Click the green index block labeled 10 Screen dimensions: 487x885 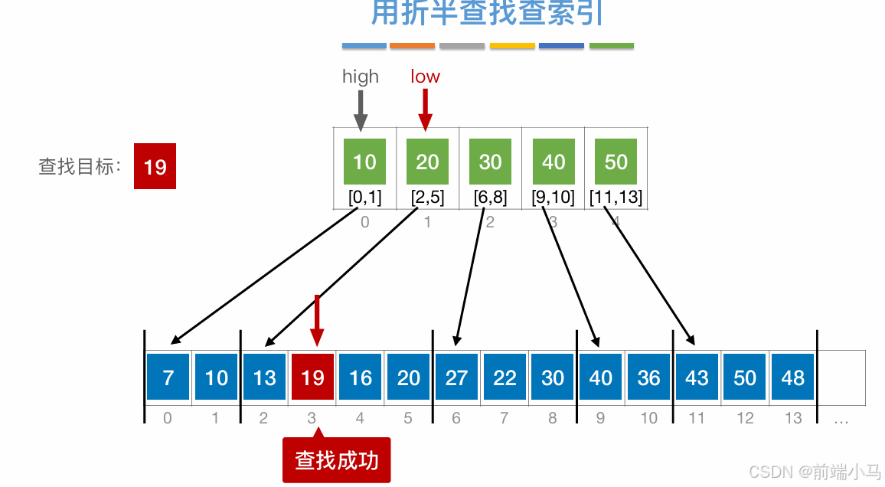[365, 162]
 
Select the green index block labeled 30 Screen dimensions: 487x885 [491, 162]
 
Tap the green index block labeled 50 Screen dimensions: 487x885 [616, 162]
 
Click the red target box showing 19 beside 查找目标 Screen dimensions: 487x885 [155, 166]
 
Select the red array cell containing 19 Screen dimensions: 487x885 [312, 378]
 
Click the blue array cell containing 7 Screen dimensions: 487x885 [168, 378]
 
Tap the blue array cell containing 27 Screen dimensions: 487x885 [457, 378]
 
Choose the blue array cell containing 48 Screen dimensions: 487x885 [793, 378]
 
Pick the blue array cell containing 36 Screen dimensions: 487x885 [649, 378]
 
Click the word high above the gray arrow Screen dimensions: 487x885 [361, 77]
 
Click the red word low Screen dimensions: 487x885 [425, 77]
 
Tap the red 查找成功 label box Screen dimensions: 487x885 [337, 460]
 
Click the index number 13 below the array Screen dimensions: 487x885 [793, 418]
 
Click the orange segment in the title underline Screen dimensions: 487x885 [413, 46]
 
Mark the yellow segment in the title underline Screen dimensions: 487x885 [512, 46]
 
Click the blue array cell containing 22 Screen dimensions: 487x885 [505, 378]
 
